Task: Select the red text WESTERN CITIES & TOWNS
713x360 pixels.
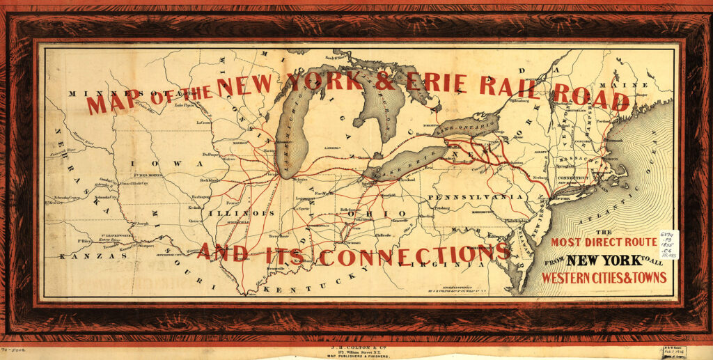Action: tap(604, 277)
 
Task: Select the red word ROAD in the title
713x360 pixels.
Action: tap(593, 100)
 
